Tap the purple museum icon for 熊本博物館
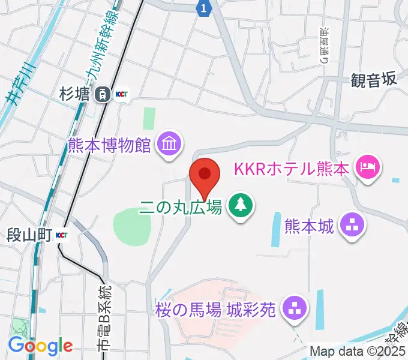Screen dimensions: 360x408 pyautogui.click(x=169, y=144)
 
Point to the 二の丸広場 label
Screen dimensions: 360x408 pyautogui.click(x=181, y=208)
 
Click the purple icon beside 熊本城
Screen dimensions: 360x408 pyautogui.click(x=352, y=226)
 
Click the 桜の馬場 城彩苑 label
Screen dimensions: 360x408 pyautogui.click(x=215, y=309)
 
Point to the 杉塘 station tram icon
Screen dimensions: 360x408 pyautogui.click(x=104, y=94)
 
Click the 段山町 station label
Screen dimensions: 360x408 pyautogui.click(x=29, y=234)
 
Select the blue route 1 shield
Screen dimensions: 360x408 pyautogui.click(x=205, y=8)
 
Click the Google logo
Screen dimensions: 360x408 pyautogui.click(x=40, y=346)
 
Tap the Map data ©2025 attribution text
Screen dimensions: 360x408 pyautogui.click(x=357, y=351)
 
